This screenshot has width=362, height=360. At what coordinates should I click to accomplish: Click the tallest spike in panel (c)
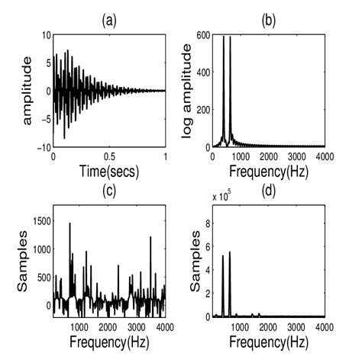pos(70,224)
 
